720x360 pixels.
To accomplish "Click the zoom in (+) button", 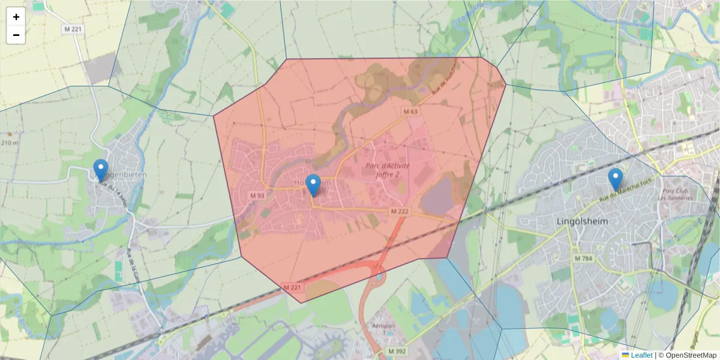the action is point(16,17).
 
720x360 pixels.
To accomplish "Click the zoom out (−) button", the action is point(16,35).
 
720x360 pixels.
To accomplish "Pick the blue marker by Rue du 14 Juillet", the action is point(101,170).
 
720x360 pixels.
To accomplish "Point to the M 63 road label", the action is point(410,112).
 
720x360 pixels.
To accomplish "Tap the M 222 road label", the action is point(399,211).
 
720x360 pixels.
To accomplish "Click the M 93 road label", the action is point(257,196).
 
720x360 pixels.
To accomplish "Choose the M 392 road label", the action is point(397,351).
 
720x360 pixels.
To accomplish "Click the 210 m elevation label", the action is point(10,143).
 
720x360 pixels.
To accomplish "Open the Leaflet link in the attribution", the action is point(641,355).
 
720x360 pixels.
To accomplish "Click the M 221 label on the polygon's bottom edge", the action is point(292,288).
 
